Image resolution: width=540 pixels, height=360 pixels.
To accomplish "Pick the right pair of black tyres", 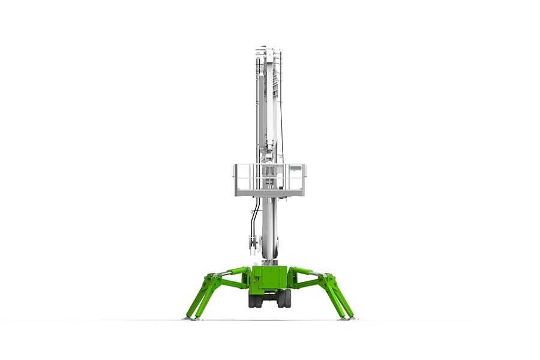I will click(284, 299).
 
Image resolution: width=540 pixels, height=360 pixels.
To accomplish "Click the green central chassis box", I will click(270, 279).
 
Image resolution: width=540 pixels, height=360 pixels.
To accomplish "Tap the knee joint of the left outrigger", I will click(210, 279).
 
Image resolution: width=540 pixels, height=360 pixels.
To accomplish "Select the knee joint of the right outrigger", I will click(329, 279).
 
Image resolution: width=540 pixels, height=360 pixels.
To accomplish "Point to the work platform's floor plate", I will click(270, 192).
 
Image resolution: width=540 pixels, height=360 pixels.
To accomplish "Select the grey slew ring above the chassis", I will click(270, 263).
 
